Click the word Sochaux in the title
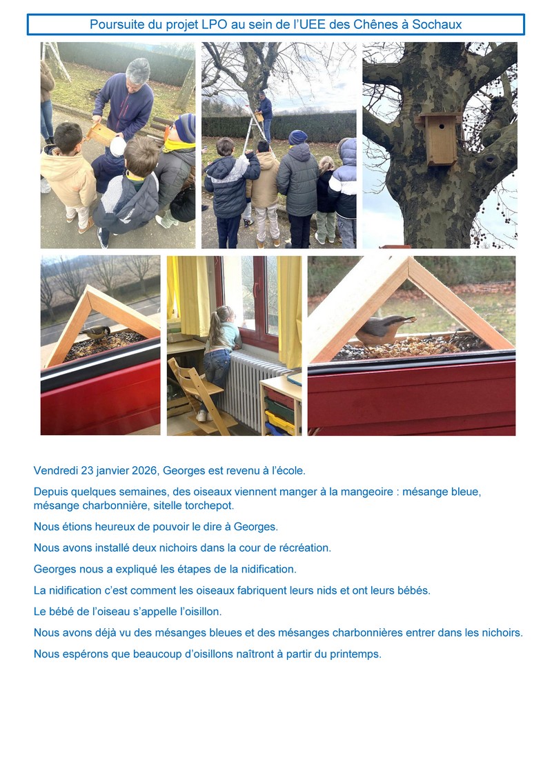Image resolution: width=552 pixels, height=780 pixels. pyautogui.click(x=437, y=24)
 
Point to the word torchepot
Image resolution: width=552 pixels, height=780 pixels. pyautogui.click(x=209, y=506)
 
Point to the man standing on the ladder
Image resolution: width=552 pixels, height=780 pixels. pyautogui.click(x=265, y=114)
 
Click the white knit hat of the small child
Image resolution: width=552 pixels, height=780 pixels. pyautogui.click(x=118, y=146)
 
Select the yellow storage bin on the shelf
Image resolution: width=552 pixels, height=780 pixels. pyautogui.click(x=280, y=422)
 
